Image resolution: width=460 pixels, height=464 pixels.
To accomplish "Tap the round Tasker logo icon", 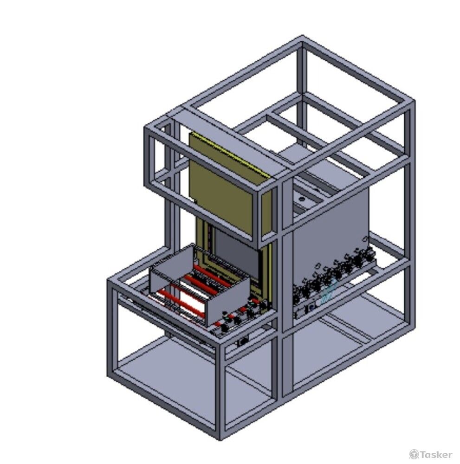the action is coord(414,454).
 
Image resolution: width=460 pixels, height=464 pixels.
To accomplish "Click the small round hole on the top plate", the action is coord(302,199).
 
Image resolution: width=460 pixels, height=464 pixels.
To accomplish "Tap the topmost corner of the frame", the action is coord(302,36).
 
